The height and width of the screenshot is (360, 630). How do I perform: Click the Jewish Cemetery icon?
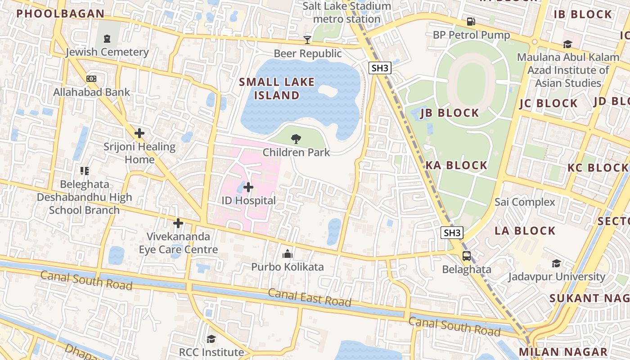(107, 39)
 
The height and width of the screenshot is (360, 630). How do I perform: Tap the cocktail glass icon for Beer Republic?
(307, 40)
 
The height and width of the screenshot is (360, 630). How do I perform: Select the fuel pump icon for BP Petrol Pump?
(471, 22)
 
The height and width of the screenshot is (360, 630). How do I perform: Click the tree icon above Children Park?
(296, 139)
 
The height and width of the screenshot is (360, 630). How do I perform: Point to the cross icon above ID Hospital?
(248, 187)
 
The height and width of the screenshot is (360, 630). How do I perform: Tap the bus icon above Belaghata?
(467, 256)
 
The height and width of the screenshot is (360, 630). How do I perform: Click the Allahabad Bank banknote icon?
(91, 79)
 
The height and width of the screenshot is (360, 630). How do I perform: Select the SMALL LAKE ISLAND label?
(277, 89)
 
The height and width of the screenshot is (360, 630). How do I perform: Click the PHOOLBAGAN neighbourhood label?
(61, 13)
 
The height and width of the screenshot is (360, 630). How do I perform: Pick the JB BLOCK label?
(450, 113)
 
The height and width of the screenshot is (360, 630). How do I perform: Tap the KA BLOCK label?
(456, 165)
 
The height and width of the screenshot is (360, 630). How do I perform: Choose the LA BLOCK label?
(525, 231)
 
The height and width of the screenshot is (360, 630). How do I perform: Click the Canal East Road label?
(310, 298)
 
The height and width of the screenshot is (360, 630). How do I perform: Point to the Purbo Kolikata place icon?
(287, 254)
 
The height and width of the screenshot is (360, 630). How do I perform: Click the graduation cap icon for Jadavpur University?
(557, 263)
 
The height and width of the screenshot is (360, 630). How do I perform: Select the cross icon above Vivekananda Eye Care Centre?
(178, 223)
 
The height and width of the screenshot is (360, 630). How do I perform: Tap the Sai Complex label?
(525, 202)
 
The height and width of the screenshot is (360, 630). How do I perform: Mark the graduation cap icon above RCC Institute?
(211, 339)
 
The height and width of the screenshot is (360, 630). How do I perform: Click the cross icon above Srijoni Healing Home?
(139, 133)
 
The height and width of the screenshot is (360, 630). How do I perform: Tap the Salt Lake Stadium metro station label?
(346, 13)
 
